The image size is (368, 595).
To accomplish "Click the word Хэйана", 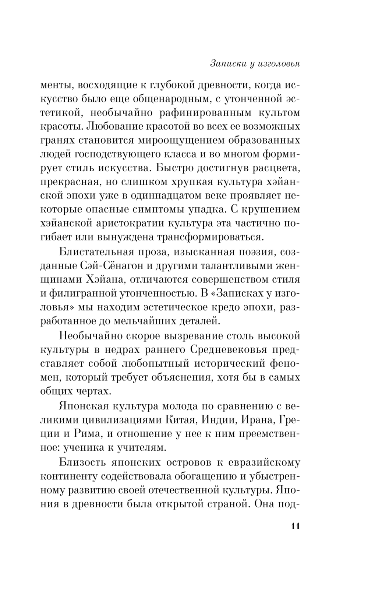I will (x=118, y=280).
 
